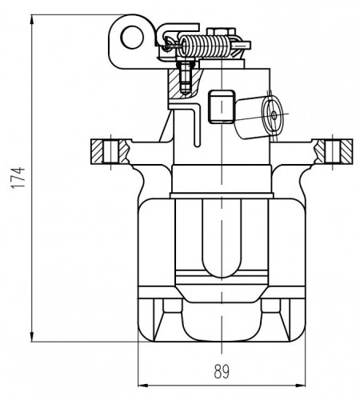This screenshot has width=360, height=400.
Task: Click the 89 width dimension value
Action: tap(222, 371)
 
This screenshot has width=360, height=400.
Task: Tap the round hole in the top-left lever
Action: tap(133, 37)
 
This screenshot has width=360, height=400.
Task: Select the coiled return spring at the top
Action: tap(205, 46)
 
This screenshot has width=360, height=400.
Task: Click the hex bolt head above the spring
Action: tap(221, 31)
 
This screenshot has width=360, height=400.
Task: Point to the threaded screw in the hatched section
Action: tap(186, 78)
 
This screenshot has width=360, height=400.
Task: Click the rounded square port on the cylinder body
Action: tap(222, 106)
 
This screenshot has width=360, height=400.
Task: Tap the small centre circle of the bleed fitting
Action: tap(274, 115)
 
